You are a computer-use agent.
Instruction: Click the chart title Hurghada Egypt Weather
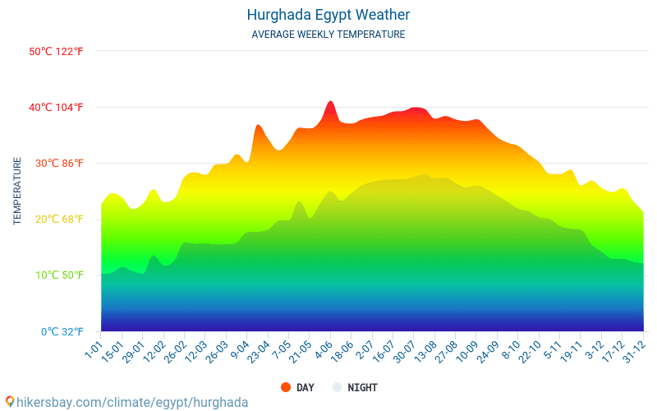(328, 15)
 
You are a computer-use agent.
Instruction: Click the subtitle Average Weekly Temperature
(328, 35)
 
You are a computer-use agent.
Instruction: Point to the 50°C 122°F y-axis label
(56, 51)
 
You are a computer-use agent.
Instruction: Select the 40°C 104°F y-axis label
(56, 107)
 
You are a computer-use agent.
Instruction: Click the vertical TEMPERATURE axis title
(17, 191)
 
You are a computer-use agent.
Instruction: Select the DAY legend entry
(297, 387)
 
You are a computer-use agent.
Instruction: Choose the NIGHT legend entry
(355, 387)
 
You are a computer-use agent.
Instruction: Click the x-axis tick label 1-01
(93, 351)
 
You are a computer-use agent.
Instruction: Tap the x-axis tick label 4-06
(322, 351)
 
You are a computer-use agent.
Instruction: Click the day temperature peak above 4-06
(330, 102)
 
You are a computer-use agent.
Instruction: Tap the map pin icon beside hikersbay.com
(10, 402)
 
